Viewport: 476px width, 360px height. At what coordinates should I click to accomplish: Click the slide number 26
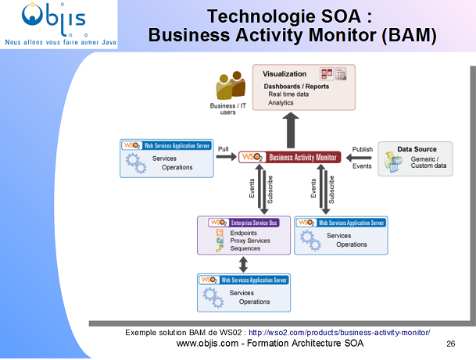tap(451, 344)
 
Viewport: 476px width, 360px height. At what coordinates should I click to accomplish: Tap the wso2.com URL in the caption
tap(344, 333)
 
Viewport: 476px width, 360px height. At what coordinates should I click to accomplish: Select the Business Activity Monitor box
tap(290, 157)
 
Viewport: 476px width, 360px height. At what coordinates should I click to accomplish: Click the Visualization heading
tap(285, 74)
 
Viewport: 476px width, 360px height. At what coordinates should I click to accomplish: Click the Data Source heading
tap(417, 149)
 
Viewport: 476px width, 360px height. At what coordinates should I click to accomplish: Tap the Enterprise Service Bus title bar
tap(243, 223)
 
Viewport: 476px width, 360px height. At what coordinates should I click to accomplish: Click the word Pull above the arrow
tap(224, 148)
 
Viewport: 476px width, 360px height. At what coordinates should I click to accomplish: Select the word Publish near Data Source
tap(362, 148)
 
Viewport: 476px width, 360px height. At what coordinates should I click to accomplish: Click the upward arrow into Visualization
tap(291, 129)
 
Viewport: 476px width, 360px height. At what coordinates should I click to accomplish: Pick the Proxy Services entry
tap(250, 241)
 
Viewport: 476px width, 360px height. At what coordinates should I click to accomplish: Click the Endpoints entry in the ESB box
tap(244, 233)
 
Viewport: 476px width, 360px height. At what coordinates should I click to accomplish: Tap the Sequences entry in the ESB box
tap(245, 248)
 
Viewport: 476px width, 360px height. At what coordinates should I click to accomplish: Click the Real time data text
tap(288, 94)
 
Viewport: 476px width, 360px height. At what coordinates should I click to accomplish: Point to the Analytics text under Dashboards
tap(281, 102)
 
